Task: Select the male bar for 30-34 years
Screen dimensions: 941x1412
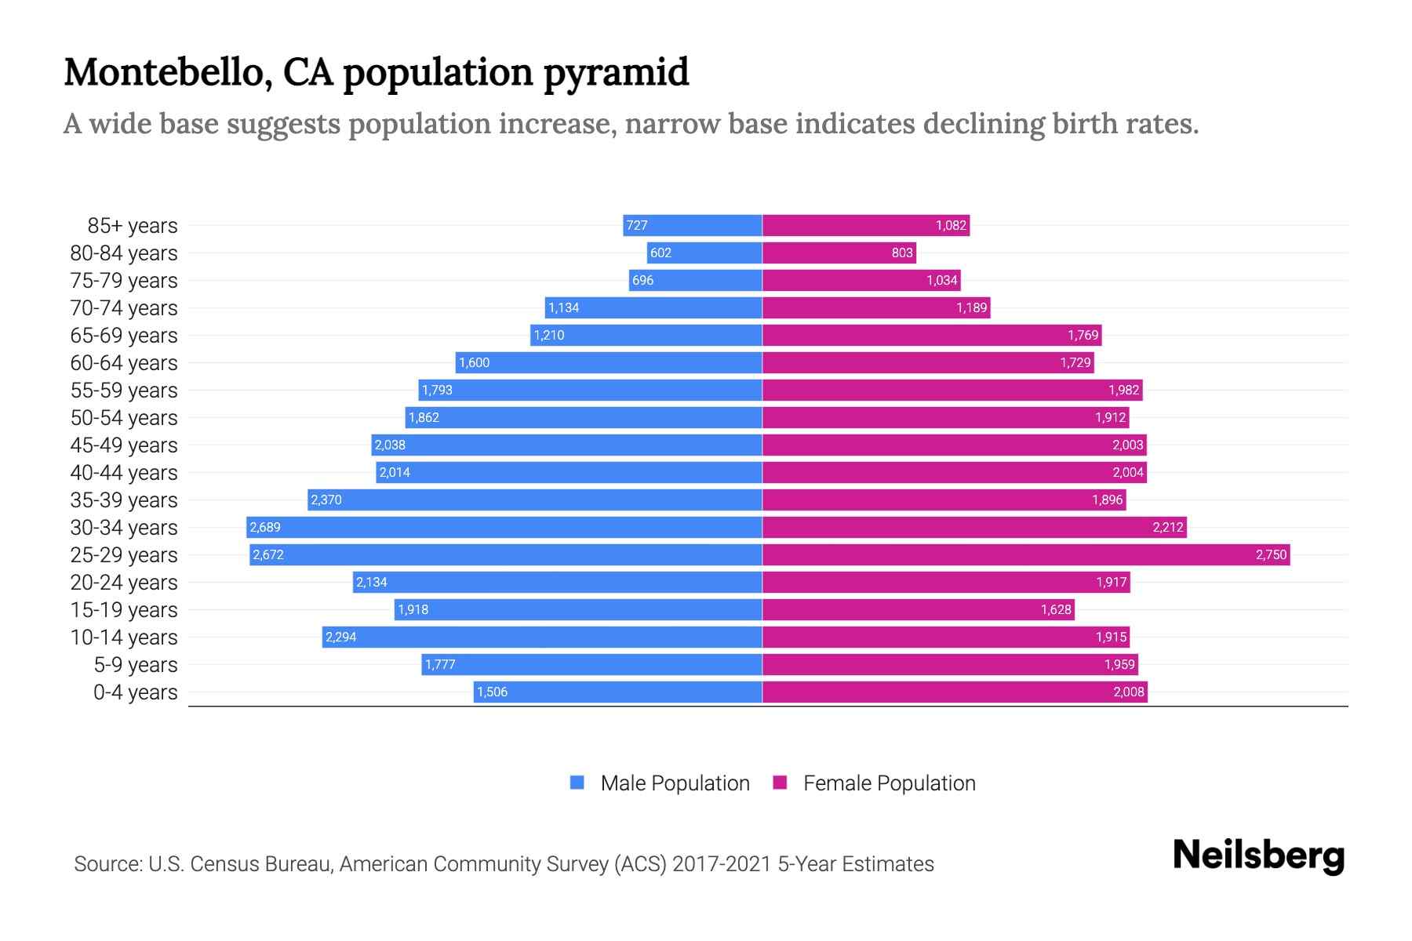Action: click(x=504, y=527)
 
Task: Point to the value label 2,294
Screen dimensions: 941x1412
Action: click(x=341, y=637)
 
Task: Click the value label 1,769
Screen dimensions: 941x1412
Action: click(x=1083, y=335)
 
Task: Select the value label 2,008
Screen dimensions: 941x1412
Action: click(x=1129, y=692)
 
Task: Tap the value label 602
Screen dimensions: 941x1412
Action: click(x=661, y=253)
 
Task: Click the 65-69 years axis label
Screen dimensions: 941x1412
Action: click(x=124, y=335)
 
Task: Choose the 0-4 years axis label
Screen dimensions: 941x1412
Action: click(x=135, y=692)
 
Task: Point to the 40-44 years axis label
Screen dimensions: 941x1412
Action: click(x=124, y=472)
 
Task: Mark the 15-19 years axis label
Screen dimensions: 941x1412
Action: click(x=124, y=609)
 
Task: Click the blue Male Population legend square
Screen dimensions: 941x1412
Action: click(x=577, y=783)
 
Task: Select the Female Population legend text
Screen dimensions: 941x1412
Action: click(x=889, y=783)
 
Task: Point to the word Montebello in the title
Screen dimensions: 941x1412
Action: click(x=168, y=72)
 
